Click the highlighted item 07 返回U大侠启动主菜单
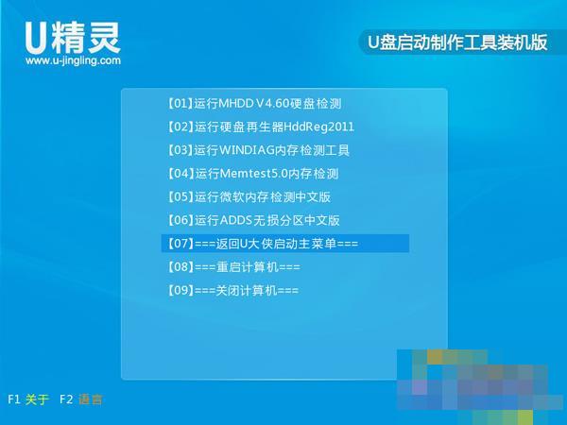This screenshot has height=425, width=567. coord(260,244)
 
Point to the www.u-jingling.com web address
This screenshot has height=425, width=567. coord(73,60)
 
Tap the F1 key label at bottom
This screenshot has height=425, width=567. coord(14,399)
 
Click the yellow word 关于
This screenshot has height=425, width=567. coord(37,399)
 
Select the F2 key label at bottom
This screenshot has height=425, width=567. coord(65,399)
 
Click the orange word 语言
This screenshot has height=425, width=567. coord(91,399)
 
